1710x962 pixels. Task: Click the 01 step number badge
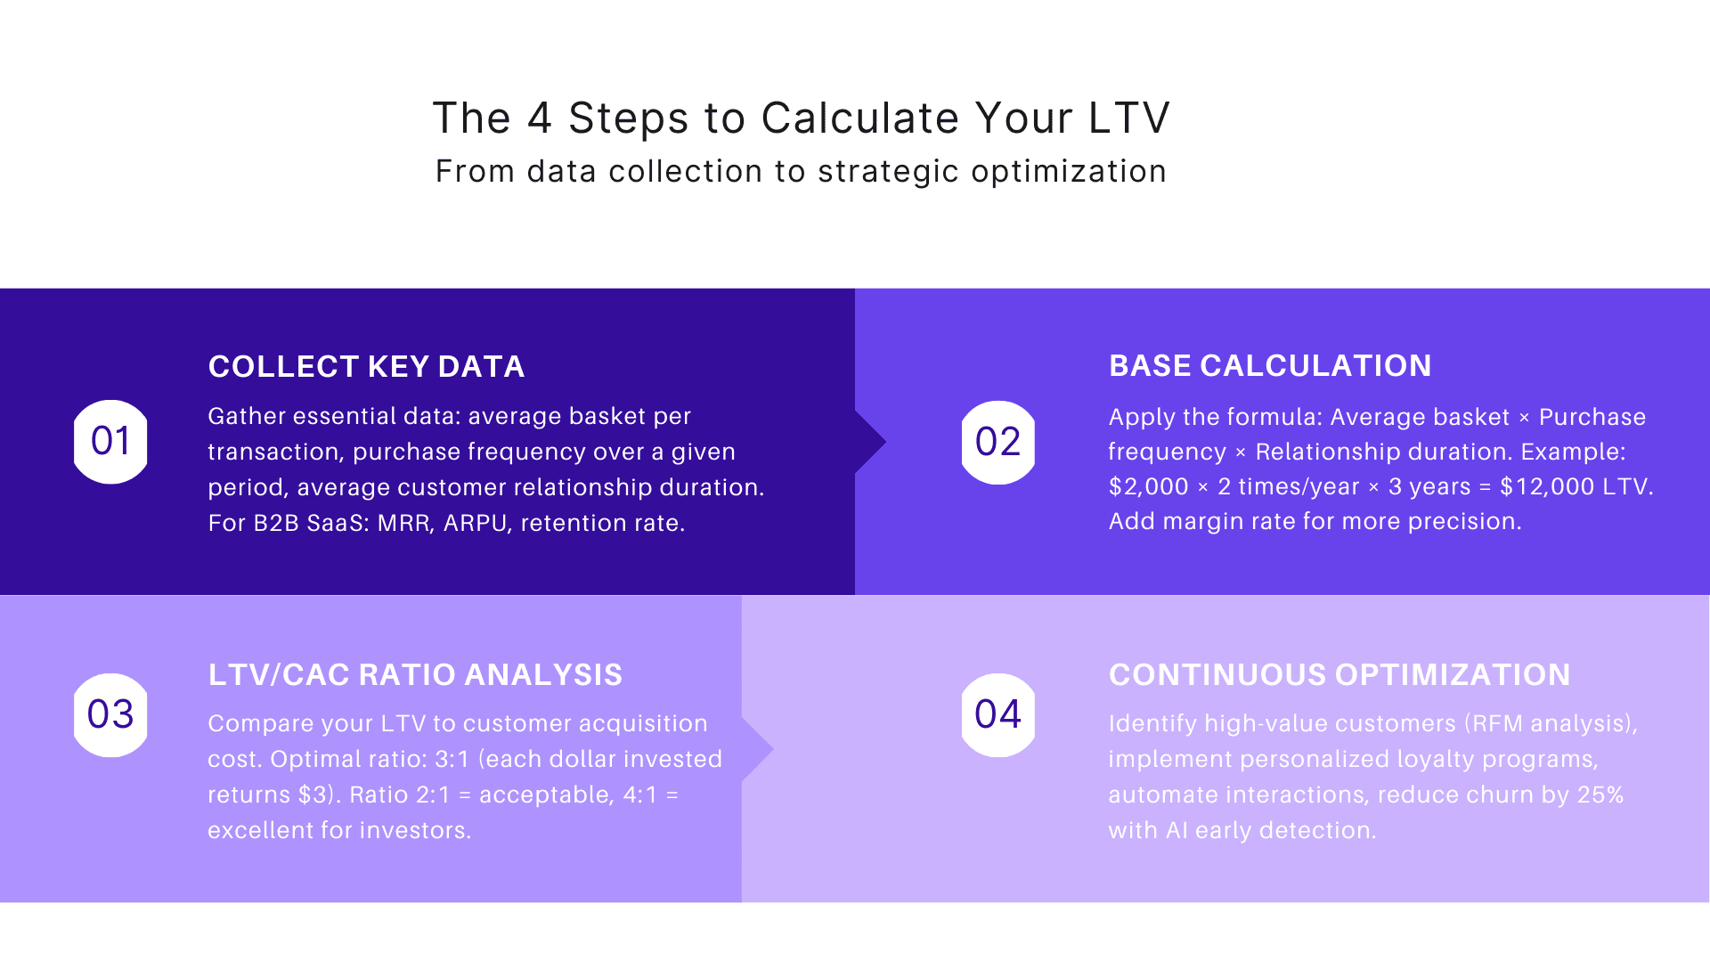point(110,442)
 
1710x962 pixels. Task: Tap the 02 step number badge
point(997,443)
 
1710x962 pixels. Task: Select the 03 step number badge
point(110,714)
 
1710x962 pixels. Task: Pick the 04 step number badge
point(997,714)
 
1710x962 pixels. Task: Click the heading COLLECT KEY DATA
point(366,367)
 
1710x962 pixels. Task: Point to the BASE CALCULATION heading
point(1270,366)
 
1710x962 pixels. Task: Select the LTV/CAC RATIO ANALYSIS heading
point(415,675)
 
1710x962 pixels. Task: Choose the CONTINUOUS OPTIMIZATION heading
point(1339,675)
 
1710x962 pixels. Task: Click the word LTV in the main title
point(1129,118)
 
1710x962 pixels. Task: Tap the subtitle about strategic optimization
point(801,171)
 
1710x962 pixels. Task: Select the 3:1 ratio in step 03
point(452,760)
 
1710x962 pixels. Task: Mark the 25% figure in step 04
point(1600,795)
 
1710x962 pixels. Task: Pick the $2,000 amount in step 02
point(1148,487)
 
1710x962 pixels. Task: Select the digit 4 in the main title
point(540,118)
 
